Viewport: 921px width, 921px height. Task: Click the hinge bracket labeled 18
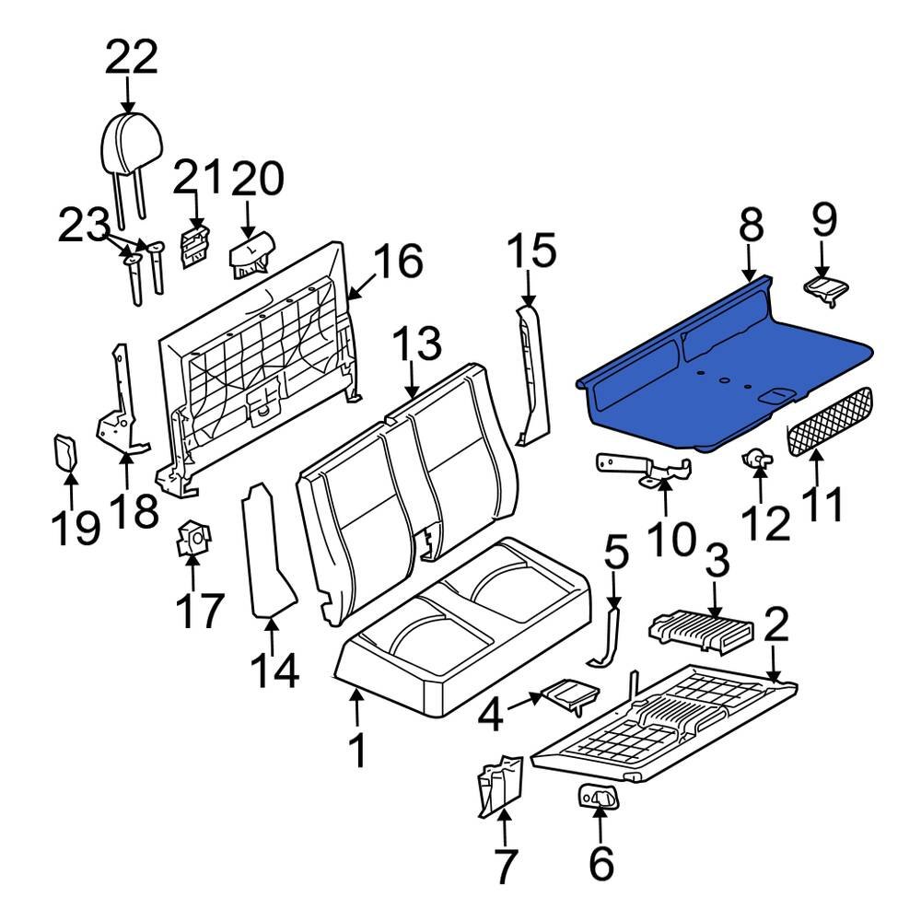(120, 405)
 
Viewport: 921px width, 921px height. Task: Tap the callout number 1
(356, 751)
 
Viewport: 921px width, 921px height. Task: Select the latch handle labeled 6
(599, 796)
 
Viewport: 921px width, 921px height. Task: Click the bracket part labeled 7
(498, 782)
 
